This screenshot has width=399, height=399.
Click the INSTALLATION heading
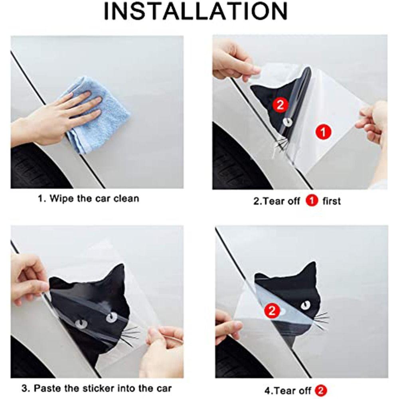196,11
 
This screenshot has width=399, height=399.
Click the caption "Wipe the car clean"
94,198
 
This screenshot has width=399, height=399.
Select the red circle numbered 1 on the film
323,132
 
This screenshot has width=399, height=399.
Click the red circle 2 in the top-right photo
280,105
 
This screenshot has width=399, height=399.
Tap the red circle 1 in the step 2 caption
312,201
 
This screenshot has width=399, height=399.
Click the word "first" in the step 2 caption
331,201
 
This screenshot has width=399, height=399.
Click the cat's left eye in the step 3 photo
81,324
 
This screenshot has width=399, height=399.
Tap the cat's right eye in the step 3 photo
112,317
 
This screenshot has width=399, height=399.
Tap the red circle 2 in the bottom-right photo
272,310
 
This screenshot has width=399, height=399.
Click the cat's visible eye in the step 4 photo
306,305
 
